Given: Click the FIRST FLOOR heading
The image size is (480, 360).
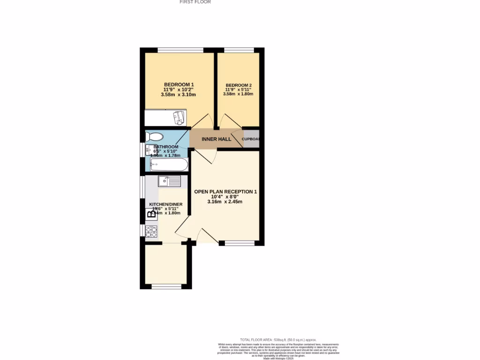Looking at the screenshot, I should tap(195, 2).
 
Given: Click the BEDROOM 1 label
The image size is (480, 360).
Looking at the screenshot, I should tap(179, 84).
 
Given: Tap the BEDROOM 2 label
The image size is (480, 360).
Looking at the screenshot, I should tap(239, 85).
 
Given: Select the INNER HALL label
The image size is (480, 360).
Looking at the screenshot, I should tap(216, 140).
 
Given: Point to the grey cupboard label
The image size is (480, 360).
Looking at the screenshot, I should tap(251, 139).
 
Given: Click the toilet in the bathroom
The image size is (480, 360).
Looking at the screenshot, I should tap(154, 137).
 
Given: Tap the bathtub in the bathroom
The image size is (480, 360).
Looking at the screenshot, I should tap(169, 165).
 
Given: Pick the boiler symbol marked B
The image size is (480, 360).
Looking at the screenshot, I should tap(151, 215).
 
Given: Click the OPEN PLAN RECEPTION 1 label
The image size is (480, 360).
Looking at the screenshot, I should tap(226, 192).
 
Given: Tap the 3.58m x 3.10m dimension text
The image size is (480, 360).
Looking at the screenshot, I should tap(178, 95).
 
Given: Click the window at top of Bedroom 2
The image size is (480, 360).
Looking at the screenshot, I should tap(239, 50).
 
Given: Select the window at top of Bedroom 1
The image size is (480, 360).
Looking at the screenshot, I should tap(180, 50).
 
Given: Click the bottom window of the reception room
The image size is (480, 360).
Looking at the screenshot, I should tap(240, 243).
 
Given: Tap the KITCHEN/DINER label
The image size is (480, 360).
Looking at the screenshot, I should tap(166, 205).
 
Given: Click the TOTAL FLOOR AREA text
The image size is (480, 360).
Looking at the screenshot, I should tap(278, 340).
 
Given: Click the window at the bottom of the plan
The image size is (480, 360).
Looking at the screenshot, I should tap(166, 286).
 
